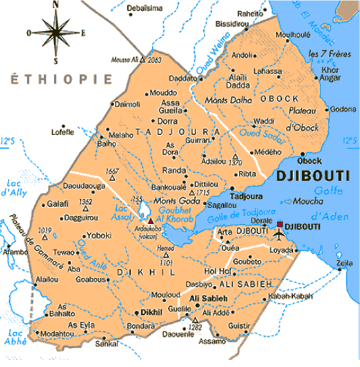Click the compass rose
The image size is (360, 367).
pyautogui.click(x=54, y=32)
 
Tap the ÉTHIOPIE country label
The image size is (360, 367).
pyautogui.click(x=61, y=80)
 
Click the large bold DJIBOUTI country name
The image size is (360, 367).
pyautogui.click(x=312, y=176)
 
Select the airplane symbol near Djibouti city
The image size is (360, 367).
pyautogui.click(x=280, y=235)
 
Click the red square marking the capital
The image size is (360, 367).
pyautogui.click(x=280, y=224)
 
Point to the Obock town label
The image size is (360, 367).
pyautogui.click(x=309, y=161)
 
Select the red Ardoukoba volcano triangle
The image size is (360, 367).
pyautogui.click(x=151, y=219)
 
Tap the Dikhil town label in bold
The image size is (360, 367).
pyautogui.click(x=151, y=313)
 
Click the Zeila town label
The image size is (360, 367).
pyautogui.click(x=345, y=262)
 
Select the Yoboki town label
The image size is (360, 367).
pyautogui.click(x=99, y=235)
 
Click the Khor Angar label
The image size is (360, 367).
pyautogui.click(x=330, y=74)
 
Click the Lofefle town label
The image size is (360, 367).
pyautogui.click(x=62, y=132)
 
